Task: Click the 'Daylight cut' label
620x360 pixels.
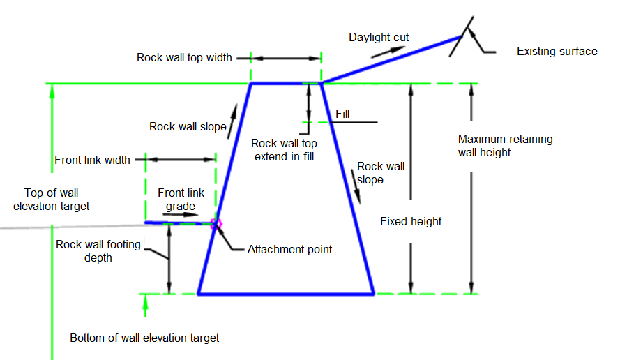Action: (x=379, y=38)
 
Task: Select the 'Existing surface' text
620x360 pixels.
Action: (x=557, y=52)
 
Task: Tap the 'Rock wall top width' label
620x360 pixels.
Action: (x=184, y=58)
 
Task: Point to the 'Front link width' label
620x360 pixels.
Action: (x=92, y=160)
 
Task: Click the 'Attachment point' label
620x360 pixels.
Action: (x=289, y=249)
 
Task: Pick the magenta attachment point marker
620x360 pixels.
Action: (x=216, y=224)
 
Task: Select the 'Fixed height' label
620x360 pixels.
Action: (x=411, y=221)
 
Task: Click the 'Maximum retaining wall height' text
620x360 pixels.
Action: (x=506, y=146)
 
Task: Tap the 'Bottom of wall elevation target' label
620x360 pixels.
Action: (x=144, y=338)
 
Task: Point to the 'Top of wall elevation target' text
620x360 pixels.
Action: (x=52, y=200)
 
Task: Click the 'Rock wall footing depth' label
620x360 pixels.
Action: (x=98, y=251)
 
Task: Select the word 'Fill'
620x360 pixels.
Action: (x=342, y=114)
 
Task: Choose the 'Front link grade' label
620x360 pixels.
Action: (x=181, y=200)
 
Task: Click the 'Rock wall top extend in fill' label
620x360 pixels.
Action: (x=284, y=150)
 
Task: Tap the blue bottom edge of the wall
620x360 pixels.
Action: (x=286, y=294)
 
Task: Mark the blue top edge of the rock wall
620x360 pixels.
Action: (x=286, y=83)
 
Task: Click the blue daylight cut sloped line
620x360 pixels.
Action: (x=391, y=60)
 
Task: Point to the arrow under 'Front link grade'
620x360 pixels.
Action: (x=181, y=215)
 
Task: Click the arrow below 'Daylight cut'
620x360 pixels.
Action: (x=388, y=52)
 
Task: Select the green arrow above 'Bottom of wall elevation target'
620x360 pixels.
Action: (x=145, y=306)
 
